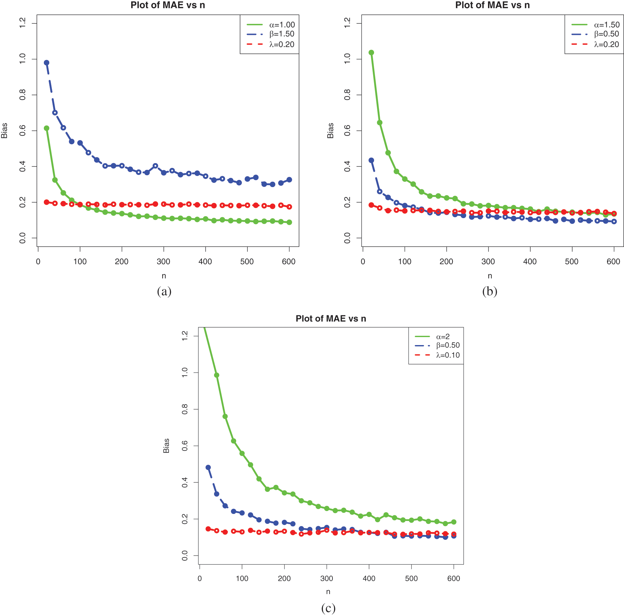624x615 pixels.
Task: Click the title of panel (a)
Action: click(168, 5)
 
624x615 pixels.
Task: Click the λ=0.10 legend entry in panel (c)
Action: click(448, 355)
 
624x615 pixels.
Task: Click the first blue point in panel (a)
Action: click(46, 63)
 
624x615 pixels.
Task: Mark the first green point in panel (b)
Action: click(371, 53)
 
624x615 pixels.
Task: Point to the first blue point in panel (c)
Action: click(208, 468)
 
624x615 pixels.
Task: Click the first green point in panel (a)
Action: click(46, 128)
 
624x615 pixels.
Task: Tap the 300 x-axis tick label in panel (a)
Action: click(164, 262)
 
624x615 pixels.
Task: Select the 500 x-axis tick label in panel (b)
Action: click(572, 262)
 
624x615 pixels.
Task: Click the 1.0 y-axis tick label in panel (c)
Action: click(185, 373)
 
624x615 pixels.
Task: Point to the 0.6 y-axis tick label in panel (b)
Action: click(347, 131)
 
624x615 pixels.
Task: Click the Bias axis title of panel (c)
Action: click(166, 446)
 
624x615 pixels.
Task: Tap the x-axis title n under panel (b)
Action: click(490, 276)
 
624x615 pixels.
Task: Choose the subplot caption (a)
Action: click(164, 292)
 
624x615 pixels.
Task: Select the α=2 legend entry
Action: click(443, 337)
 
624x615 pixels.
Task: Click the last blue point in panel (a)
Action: click(289, 180)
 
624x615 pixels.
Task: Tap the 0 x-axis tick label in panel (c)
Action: click(200, 579)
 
